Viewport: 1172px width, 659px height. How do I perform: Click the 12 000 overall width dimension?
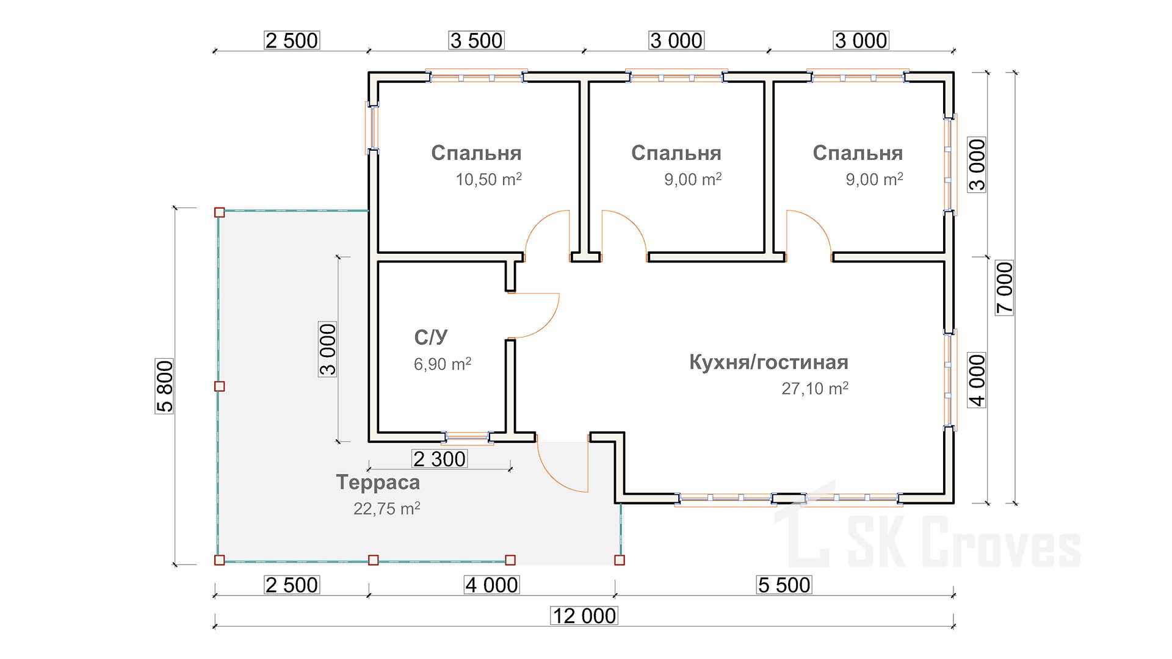584,616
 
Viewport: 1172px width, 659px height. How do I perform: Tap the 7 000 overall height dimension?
1004,287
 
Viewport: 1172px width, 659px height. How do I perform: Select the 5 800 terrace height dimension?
165,386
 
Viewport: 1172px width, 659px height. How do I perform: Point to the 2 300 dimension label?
440,459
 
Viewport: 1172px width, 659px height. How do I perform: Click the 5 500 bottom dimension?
784,585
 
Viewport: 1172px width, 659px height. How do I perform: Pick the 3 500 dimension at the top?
476,41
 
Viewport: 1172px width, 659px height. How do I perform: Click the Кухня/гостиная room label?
769,362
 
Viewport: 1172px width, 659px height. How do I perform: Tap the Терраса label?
378,483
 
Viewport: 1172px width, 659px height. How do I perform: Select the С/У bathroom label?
431,337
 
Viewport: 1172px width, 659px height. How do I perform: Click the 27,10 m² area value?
815,389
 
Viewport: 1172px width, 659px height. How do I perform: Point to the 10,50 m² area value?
488,179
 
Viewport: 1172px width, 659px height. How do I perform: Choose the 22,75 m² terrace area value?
386,509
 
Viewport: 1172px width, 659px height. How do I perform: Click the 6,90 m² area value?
443,364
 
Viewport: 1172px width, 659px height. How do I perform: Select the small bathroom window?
467,437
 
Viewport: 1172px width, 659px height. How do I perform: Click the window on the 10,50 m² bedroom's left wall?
372,128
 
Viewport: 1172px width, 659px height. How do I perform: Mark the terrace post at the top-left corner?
220,212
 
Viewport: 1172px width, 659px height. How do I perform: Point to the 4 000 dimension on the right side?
977,380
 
